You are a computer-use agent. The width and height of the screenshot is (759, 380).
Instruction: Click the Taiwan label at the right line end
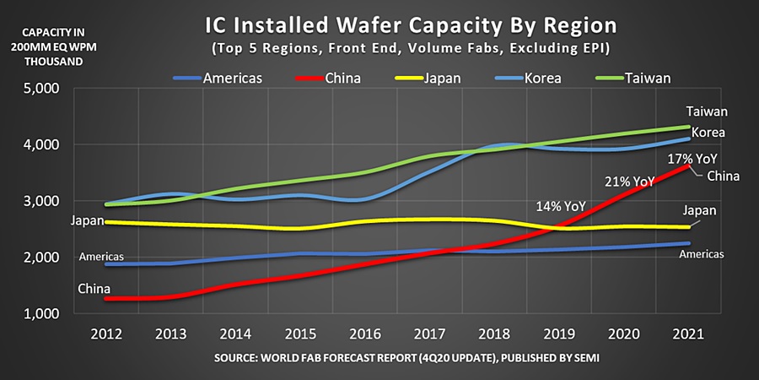pyautogui.click(x=706, y=111)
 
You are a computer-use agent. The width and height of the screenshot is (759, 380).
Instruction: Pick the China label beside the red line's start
pyautogui.click(x=94, y=287)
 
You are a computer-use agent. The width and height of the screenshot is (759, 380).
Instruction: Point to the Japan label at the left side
pyautogui.click(x=88, y=221)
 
